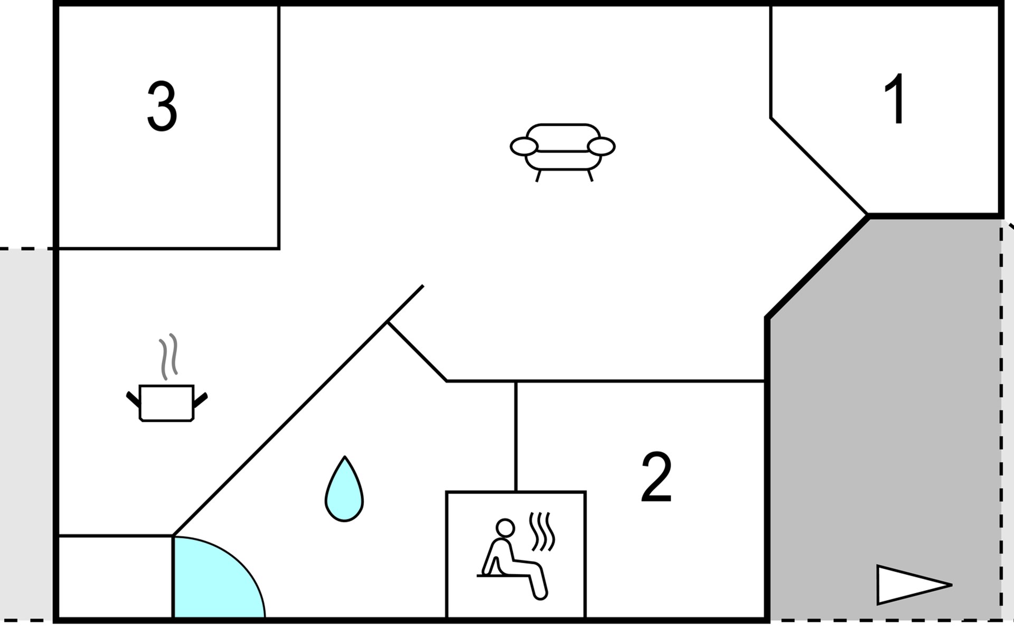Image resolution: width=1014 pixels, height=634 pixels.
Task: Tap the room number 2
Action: click(x=656, y=477)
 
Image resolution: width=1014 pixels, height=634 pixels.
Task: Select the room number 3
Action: click(x=162, y=106)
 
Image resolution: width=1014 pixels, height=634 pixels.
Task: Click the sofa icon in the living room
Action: click(x=562, y=152)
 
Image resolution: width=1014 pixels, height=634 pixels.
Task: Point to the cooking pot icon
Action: click(x=167, y=403)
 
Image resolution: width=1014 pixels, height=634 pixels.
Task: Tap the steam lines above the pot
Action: click(x=168, y=356)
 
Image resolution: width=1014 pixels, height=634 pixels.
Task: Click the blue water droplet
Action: click(x=344, y=489)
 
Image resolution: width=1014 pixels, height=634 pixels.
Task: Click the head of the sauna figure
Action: click(x=505, y=527)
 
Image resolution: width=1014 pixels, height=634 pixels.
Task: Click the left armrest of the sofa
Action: click(x=523, y=146)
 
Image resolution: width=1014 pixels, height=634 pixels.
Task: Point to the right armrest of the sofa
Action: click(x=602, y=146)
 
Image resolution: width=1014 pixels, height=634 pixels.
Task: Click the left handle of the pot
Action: click(x=133, y=400)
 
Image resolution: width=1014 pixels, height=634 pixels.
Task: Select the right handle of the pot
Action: click(x=200, y=400)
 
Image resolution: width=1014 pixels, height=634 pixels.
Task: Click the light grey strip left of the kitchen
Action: click(x=26, y=433)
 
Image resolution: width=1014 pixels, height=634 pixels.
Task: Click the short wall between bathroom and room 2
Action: click(x=516, y=436)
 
